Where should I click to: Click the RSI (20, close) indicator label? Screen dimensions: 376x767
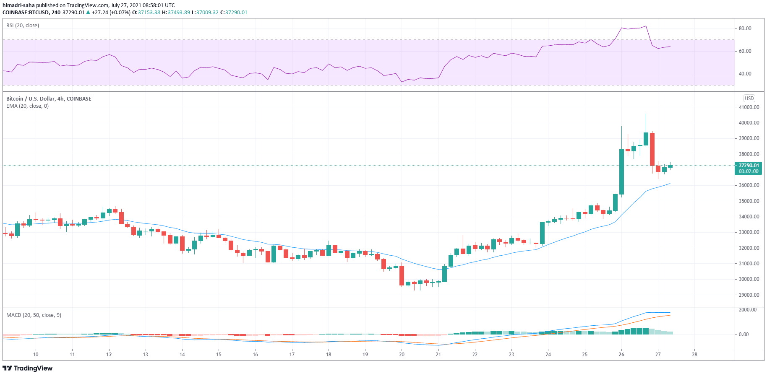point(23,26)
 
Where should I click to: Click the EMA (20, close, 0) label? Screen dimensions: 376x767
point(27,106)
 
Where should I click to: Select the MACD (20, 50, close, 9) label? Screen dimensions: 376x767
point(34,315)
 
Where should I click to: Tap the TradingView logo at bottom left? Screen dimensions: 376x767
point(28,368)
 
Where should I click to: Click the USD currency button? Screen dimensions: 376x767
point(749,99)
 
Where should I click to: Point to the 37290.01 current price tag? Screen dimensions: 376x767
point(749,166)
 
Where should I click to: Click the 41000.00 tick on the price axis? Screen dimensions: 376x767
point(749,107)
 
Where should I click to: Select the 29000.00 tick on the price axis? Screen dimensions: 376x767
point(749,295)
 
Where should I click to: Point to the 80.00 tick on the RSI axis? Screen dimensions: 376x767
point(745,29)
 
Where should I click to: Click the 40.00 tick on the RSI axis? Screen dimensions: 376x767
point(745,74)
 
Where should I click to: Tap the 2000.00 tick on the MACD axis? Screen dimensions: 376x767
point(747,310)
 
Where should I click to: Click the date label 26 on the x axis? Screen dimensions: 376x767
point(621,355)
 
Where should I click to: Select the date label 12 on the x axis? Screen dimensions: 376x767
point(109,355)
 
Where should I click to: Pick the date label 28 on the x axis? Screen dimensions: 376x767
point(694,355)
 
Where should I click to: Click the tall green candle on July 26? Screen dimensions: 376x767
point(621,172)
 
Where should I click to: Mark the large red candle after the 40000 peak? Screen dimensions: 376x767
point(652,149)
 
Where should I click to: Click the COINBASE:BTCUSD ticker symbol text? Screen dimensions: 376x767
point(26,13)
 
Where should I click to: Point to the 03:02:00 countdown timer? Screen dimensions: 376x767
point(749,171)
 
